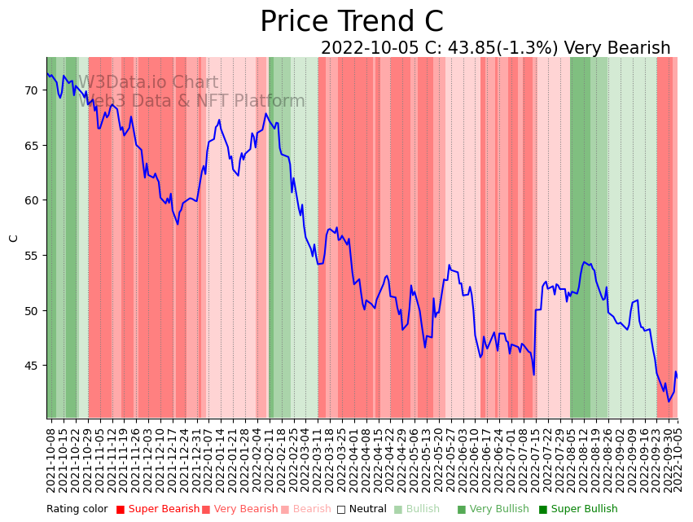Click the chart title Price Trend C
(x=351, y=22)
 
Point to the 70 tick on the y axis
(x=30, y=90)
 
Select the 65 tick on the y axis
(x=30, y=145)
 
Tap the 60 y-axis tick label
(x=30, y=200)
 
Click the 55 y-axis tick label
(x=30, y=256)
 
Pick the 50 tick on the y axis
(x=30, y=310)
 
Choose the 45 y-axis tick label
(x=30, y=366)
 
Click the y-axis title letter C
(x=14, y=238)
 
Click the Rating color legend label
(x=77, y=510)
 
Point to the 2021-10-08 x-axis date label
(x=50, y=459)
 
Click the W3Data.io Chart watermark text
(x=148, y=82)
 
